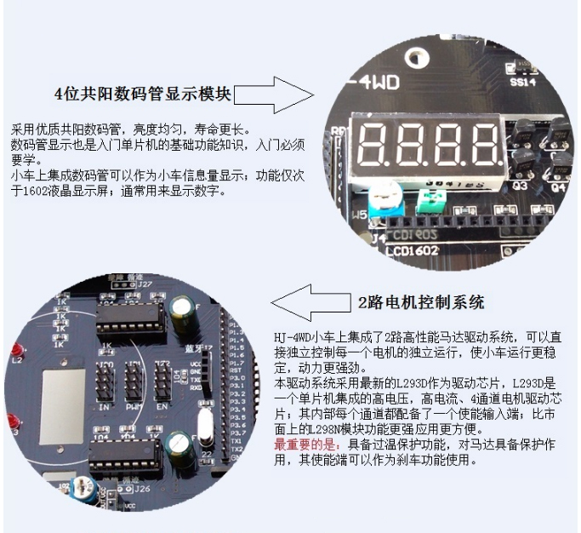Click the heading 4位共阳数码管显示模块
pos(143,92)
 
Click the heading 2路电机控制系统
pos(420,301)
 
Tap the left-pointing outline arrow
pos(307,301)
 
